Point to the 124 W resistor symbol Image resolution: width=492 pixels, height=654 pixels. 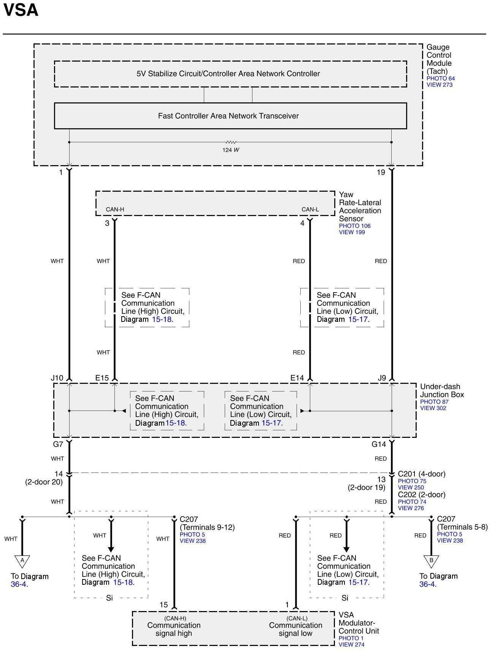point(231,142)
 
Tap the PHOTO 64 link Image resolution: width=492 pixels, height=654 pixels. point(440,78)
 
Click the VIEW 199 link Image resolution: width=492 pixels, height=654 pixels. point(352,232)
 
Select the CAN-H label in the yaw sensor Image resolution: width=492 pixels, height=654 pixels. point(115,209)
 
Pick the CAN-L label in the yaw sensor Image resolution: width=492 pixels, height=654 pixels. point(310,209)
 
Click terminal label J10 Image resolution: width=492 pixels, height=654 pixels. point(57,378)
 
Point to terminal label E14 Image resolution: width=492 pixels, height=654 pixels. point(297,378)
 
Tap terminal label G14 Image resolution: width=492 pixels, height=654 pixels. point(379,444)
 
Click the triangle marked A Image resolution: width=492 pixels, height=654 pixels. point(22,560)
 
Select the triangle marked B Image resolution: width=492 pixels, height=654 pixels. point(431,560)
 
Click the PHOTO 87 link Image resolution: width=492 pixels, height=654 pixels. point(434,402)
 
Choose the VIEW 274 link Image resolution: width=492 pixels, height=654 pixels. point(351,644)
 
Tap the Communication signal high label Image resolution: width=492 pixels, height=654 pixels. point(174,629)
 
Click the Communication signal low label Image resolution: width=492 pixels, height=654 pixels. point(295,629)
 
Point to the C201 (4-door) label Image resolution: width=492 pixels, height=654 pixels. point(421,474)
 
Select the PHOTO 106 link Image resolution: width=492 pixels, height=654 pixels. point(354,226)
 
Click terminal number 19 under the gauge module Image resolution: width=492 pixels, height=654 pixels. point(381,172)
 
